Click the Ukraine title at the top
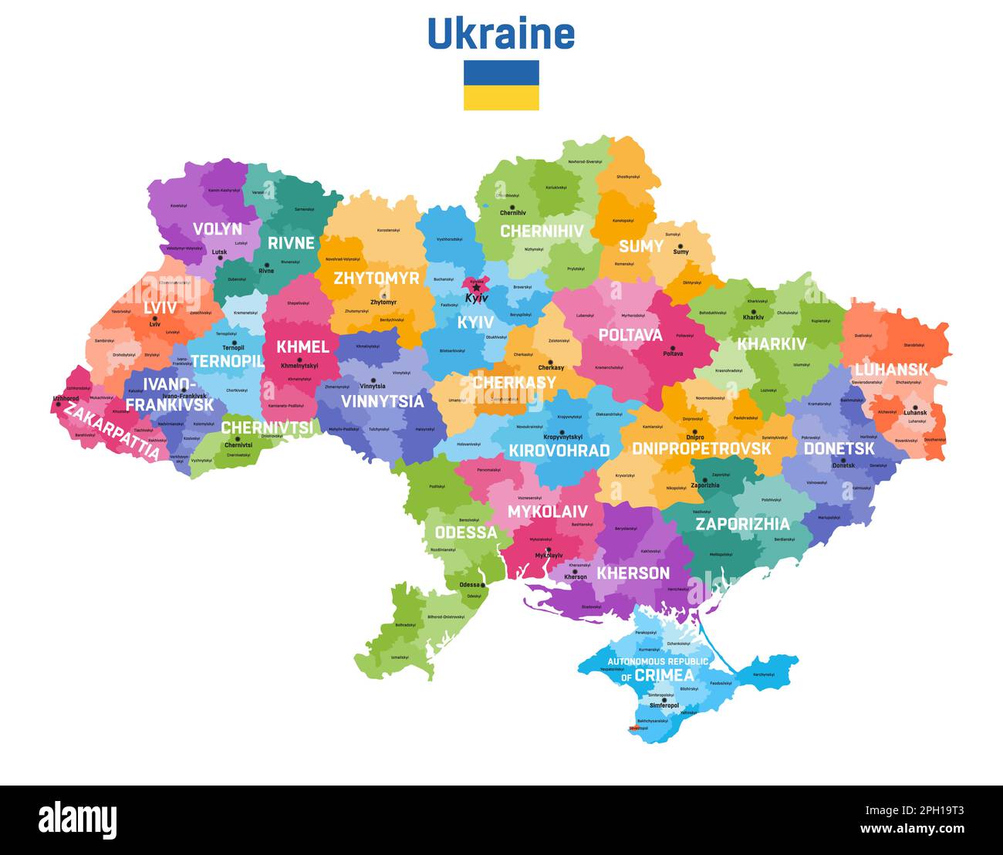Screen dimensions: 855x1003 [x=501, y=34]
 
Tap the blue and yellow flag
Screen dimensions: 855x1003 [x=501, y=85]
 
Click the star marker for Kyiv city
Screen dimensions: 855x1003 [x=476, y=289]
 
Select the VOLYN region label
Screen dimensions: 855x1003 [x=217, y=229]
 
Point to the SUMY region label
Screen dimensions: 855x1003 [x=640, y=246]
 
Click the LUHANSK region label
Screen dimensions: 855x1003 [x=890, y=369]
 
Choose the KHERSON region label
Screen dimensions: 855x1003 [x=633, y=573]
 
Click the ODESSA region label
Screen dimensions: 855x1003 [x=466, y=532]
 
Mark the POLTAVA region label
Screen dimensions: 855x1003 [x=630, y=335]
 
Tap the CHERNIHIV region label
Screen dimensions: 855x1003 [x=542, y=231]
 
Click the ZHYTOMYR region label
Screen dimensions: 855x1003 [x=376, y=278]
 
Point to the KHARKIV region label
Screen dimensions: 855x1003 [x=772, y=344]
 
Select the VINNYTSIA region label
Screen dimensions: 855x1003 [x=382, y=401]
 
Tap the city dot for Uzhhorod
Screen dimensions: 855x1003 [x=58, y=404]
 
